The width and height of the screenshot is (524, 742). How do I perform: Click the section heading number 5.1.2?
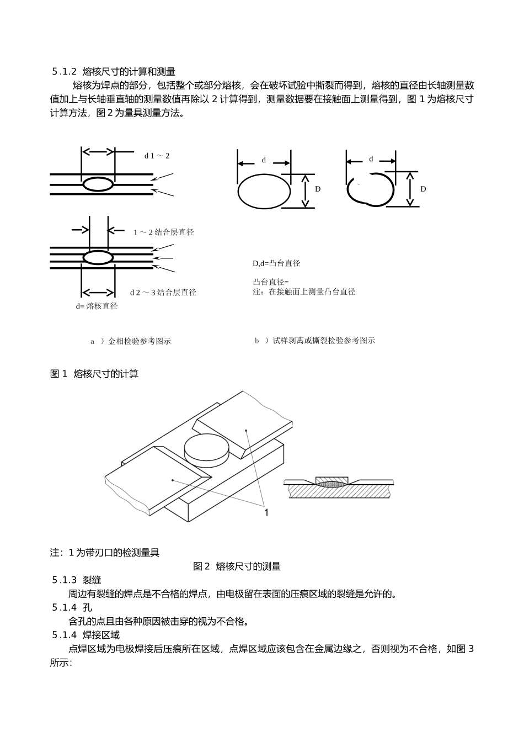[x=64, y=72]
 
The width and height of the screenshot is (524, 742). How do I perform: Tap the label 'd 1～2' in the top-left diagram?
[x=157, y=156]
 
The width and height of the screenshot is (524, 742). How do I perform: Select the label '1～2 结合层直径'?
[x=164, y=232]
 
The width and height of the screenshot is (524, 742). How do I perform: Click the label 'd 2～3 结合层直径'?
[x=163, y=293]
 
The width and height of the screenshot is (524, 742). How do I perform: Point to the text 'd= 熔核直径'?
[x=97, y=306]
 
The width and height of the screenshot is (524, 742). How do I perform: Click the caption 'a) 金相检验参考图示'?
[x=131, y=341]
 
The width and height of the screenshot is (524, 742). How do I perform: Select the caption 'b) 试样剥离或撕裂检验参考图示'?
[x=314, y=341]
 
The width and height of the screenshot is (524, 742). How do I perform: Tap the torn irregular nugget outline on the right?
[x=370, y=189]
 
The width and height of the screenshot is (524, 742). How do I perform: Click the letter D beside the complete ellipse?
[x=318, y=189]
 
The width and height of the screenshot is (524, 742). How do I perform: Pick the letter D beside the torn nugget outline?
[x=423, y=189]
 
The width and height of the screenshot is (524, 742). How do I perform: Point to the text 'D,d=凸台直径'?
[x=276, y=263]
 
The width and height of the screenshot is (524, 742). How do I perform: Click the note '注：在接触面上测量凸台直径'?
[x=304, y=291]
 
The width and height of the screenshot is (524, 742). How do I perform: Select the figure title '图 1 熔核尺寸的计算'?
[x=94, y=374]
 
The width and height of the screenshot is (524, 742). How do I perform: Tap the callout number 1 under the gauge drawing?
[x=266, y=513]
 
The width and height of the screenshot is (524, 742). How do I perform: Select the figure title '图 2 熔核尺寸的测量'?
[x=237, y=566]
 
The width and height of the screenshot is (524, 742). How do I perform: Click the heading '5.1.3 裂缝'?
[x=77, y=580]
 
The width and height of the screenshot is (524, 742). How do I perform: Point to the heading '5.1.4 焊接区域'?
[x=85, y=635]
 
